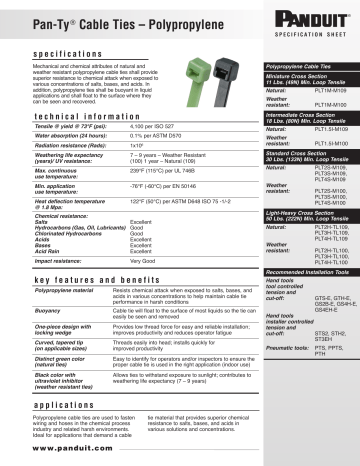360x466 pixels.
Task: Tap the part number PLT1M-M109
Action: pos(306,90)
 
